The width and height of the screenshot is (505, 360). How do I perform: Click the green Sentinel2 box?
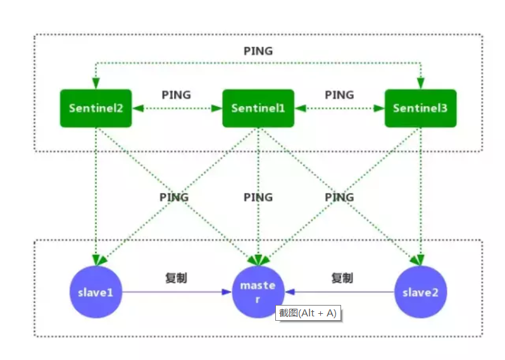(96, 108)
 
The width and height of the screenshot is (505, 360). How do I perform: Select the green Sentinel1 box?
(258, 108)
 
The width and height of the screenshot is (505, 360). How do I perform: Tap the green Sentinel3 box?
(420, 108)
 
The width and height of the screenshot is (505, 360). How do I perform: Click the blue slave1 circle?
(96, 292)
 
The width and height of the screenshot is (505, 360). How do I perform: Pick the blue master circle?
(258, 292)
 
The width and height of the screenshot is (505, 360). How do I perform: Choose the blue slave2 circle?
(420, 292)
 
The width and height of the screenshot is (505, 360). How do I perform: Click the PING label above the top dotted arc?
(258, 51)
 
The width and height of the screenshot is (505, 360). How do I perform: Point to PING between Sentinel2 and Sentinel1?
(176, 95)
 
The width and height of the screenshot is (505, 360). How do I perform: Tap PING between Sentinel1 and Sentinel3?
(339, 95)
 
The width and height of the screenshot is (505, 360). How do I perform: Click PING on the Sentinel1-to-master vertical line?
(258, 197)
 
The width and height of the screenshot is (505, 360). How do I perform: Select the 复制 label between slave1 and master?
(176, 278)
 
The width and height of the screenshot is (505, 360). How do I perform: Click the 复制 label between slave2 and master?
(342, 278)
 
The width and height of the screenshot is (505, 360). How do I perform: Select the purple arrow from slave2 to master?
(342, 292)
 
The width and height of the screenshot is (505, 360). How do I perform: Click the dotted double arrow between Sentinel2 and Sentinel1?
(177, 108)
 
